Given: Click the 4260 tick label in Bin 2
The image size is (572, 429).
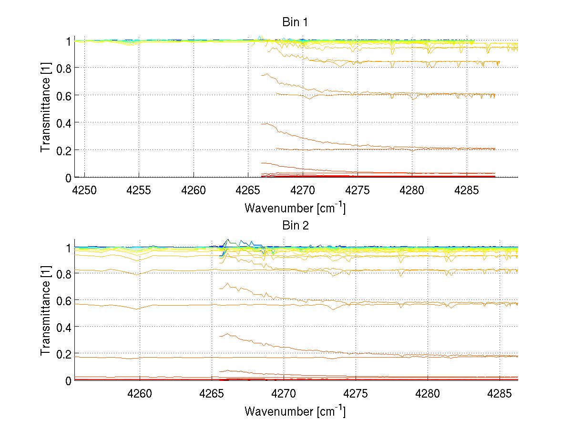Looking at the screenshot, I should click(140, 395).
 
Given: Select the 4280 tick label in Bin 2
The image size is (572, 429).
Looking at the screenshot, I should click(427, 395).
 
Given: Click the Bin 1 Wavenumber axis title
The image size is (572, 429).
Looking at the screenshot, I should click(295, 208).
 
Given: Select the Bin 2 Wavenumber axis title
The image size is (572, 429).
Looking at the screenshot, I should click(295, 411).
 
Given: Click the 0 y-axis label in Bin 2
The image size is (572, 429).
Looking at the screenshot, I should click(68, 380).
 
